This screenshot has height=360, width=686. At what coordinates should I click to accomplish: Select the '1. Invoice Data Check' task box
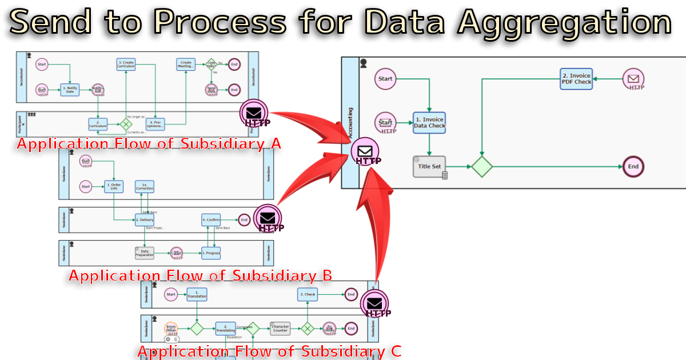pyautogui.click(x=429, y=122)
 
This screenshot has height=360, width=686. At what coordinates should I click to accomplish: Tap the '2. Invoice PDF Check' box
pyautogui.click(x=576, y=79)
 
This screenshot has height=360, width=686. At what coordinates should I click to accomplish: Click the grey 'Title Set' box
pyautogui.click(x=429, y=166)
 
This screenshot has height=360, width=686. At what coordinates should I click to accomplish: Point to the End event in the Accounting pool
pyautogui.click(x=633, y=166)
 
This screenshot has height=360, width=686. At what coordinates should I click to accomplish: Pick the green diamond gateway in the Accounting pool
pyautogui.click(x=482, y=166)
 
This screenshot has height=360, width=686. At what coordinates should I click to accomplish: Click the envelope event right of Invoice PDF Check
pyautogui.click(x=633, y=79)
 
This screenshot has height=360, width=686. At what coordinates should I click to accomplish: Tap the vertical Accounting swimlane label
pyautogui.click(x=350, y=122)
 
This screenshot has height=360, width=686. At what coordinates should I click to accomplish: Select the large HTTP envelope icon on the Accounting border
pyautogui.click(x=366, y=152)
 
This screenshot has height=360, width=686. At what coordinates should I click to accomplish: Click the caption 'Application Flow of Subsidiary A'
pyautogui.click(x=149, y=143)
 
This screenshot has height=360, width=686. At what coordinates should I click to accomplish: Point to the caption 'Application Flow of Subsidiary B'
pyautogui.click(x=200, y=275)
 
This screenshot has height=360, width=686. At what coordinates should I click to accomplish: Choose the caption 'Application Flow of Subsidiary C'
pyautogui.click(x=269, y=351)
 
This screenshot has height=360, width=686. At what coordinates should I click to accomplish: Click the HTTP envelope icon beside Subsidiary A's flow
pyautogui.click(x=255, y=113)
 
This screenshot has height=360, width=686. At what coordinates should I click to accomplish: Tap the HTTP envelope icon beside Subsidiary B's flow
pyautogui.click(x=268, y=218)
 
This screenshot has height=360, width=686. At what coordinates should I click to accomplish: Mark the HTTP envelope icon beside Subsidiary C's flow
pyautogui.click(x=375, y=303)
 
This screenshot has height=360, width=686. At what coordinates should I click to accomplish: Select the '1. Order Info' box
pyautogui.click(x=114, y=186)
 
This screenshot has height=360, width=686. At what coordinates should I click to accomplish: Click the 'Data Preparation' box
pyautogui.click(x=145, y=252)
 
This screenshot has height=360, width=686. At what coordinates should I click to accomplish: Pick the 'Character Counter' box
pyautogui.click(x=280, y=329)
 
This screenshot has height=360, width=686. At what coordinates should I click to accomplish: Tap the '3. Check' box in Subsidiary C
pyautogui.click(x=308, y=294)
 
